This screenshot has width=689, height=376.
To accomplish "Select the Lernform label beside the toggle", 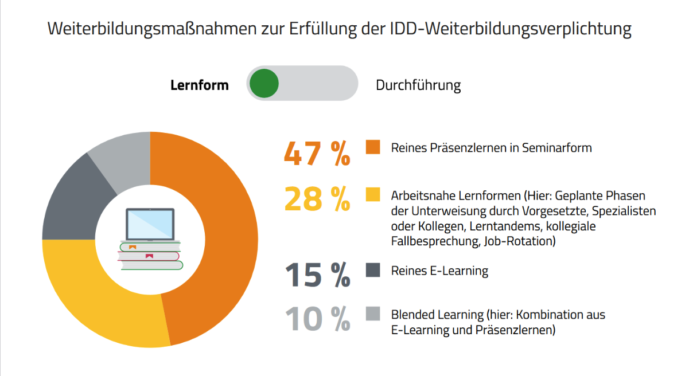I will point(200,85).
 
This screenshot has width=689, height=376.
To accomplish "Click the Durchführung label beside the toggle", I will point(418,85).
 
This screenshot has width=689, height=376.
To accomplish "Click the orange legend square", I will point(373,147).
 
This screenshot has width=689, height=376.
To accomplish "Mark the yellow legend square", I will point(373,194).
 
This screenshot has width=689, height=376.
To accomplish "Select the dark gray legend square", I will point(373,270).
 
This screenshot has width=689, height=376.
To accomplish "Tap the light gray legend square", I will point(373,314).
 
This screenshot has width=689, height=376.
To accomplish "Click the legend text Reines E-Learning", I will point(439,271).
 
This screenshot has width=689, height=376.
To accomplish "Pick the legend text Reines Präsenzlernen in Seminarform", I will point(491,148).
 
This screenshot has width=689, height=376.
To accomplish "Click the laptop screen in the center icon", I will point(150,224).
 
